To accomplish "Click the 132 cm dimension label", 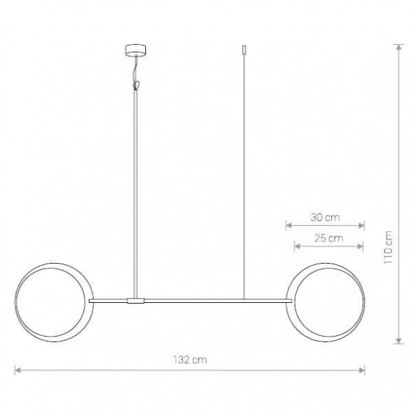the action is [x=190, y=360].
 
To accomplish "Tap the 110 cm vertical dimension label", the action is [x=388, y=248].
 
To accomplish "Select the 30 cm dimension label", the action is [x=325, y=217].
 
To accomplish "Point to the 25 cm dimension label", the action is [x=328, y=238].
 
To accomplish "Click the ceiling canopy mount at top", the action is [x=135, y=50].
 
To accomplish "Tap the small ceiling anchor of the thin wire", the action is [x=244, y=50].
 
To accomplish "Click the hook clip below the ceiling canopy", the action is [x=136, y=85].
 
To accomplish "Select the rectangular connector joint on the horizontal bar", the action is [x=135, y=301].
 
